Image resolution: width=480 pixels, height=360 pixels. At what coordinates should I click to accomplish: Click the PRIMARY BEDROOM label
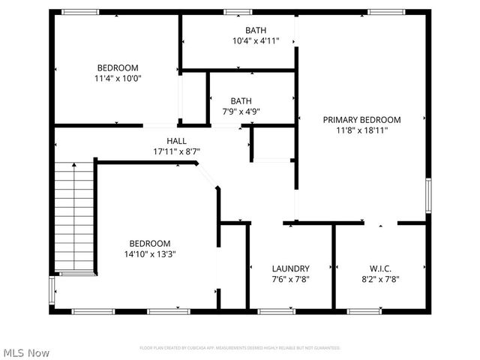[x=361, y=119]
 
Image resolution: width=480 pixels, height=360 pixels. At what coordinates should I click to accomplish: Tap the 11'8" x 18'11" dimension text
[x=361, y=130]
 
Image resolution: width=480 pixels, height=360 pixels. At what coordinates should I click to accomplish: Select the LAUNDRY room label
[x=291, y=268]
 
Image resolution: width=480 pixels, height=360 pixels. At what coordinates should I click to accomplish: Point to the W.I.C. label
[x=380, y=268]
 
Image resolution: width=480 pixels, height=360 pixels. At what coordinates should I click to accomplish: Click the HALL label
[x=177, y=141]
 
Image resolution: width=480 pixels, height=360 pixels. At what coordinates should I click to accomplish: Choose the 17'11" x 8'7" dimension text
[x=177, y=151]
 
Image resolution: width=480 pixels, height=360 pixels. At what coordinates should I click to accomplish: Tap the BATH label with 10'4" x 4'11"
[x=256, y=31]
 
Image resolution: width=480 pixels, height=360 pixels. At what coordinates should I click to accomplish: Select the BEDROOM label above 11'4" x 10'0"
[x=117, y=67]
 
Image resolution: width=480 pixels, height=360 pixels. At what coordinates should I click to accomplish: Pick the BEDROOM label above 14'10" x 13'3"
[x=150, y=243]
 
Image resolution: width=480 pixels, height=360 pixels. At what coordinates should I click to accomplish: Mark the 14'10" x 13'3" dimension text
[x=150, y=253]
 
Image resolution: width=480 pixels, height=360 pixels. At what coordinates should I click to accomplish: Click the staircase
[x=74, y=217]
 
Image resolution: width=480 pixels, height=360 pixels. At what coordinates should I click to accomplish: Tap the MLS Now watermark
[x=27, y=352]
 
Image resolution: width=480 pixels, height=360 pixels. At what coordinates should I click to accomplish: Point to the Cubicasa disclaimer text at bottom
[x=240, y=348]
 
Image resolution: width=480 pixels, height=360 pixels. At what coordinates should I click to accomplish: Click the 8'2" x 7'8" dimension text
[x=380, y=279]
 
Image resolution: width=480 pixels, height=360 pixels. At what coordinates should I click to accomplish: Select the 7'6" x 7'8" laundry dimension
[x=291, y=279]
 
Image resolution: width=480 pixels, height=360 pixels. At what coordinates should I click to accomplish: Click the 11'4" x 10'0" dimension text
[x=117, y=78]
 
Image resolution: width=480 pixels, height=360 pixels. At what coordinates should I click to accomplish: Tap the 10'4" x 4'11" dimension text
[x=256, y=41]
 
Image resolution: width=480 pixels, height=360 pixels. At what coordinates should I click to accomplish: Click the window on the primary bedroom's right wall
[x=429, y=195]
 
